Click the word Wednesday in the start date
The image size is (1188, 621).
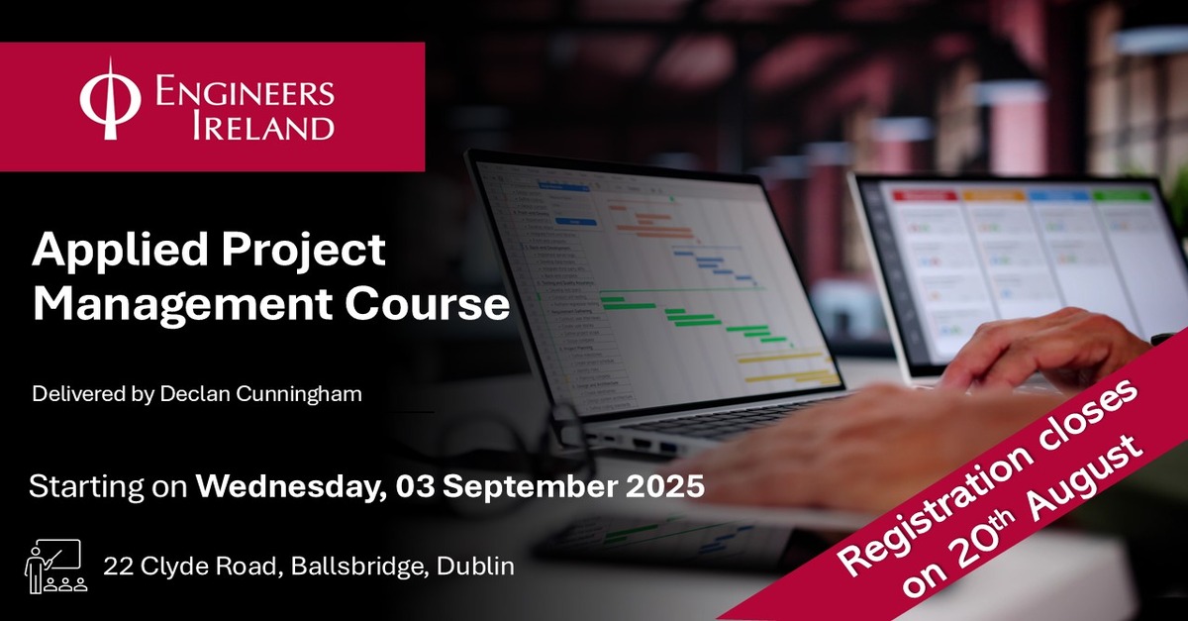292,487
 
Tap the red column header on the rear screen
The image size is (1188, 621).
925,196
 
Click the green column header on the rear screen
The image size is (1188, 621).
1121,196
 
